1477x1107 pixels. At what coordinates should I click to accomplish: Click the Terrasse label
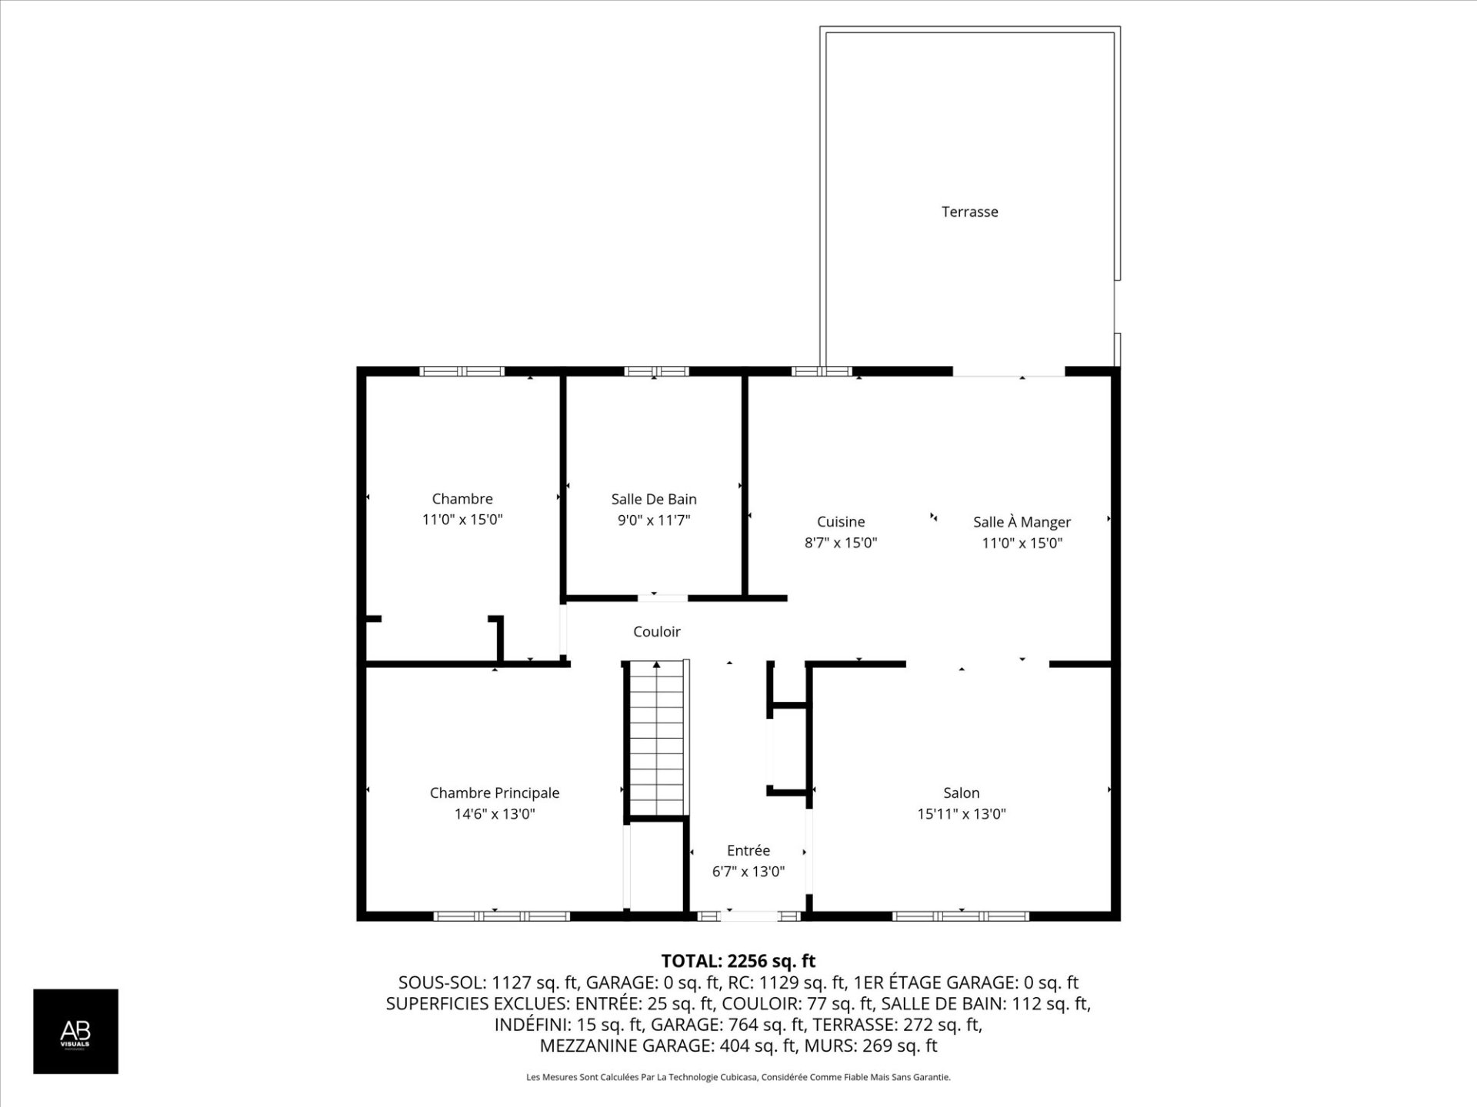[969, 211]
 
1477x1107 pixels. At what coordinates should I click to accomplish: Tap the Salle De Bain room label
[654, 499]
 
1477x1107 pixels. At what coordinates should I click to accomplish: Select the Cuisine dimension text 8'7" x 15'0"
[841, 543]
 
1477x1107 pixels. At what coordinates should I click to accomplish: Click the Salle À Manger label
[1022, 522]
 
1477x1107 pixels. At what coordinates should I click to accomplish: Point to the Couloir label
[656, 631]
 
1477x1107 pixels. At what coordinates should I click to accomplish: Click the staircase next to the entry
[656, 738]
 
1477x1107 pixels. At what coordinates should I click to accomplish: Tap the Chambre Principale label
[494, 793]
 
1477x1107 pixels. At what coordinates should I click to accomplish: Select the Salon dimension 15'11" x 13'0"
[961, 813]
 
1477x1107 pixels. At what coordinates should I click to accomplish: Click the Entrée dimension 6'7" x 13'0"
[748, 871]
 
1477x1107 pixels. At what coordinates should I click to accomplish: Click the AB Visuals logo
[75, 1031]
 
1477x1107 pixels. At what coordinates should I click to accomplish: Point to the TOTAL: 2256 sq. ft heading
[738, 961]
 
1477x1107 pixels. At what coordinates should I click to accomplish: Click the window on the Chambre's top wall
[462, 371]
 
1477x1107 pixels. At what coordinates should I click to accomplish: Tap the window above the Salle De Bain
[656, 371]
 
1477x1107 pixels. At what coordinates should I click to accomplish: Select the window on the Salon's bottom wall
[961, 916]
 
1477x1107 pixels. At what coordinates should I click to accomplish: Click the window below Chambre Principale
[502, 916]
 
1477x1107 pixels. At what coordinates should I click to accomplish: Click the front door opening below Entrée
[749, 916]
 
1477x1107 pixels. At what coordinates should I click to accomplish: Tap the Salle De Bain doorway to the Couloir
[662, 597]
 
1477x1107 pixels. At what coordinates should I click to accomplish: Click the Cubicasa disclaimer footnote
[738, 1077]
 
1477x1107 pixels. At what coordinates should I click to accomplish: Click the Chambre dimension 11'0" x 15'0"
[462, 519]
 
